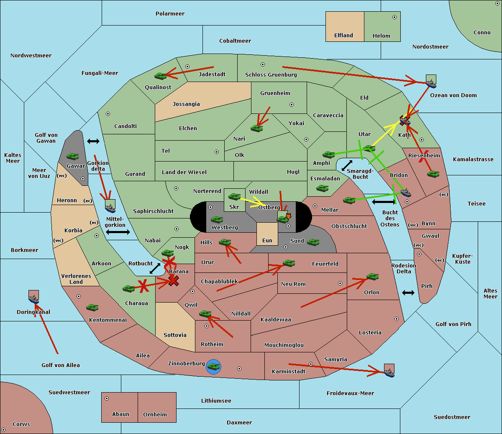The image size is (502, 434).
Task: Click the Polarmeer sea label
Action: (170, 14)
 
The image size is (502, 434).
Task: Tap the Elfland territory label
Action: (343, 36)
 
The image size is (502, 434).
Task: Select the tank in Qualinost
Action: (161, 76)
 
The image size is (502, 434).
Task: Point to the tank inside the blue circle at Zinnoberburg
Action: (213, 367)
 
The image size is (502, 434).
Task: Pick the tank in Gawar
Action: (73, 157)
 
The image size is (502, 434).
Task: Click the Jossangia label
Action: (186, 104)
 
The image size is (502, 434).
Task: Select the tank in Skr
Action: (234, 196)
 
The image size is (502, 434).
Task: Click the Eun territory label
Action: (267, 241)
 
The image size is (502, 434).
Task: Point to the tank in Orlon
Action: (372, 277)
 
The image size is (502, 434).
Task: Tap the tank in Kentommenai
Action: (92, 308)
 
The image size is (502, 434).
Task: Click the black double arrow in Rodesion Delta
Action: (408, 293)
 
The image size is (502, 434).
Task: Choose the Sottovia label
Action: (175, 335)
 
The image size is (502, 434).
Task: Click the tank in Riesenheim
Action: (433, 174)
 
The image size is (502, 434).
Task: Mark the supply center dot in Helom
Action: (394, 17)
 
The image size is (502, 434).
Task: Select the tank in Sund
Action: (313, 242)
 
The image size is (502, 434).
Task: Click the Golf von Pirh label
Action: (453, 324)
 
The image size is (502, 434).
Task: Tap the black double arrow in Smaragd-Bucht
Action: (347, 166)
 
